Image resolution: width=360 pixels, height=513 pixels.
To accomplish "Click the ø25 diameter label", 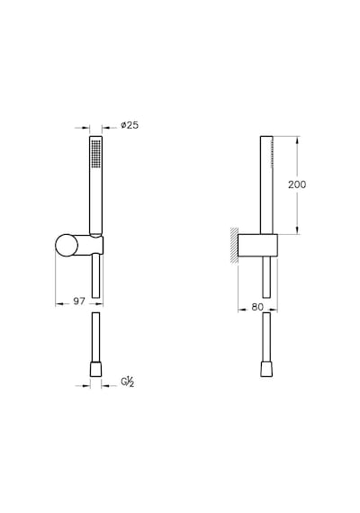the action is [x=130, y=125].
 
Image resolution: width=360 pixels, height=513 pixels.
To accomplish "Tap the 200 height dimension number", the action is [x=297, y=184].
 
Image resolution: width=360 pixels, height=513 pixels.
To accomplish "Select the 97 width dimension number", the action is [x=79, y=301].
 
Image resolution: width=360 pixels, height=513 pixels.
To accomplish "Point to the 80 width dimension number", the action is [x=257, y=307].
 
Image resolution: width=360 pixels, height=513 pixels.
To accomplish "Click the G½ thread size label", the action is [x=128, y=382].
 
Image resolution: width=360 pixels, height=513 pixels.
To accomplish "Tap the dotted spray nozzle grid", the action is [x=96, y=154].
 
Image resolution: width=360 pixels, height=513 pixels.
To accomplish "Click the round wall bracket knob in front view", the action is [x=67, y=245].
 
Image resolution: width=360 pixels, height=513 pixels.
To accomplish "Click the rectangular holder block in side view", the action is [x=257, y=246].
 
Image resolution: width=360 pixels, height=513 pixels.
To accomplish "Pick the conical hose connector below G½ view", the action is [x=95, y=369].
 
